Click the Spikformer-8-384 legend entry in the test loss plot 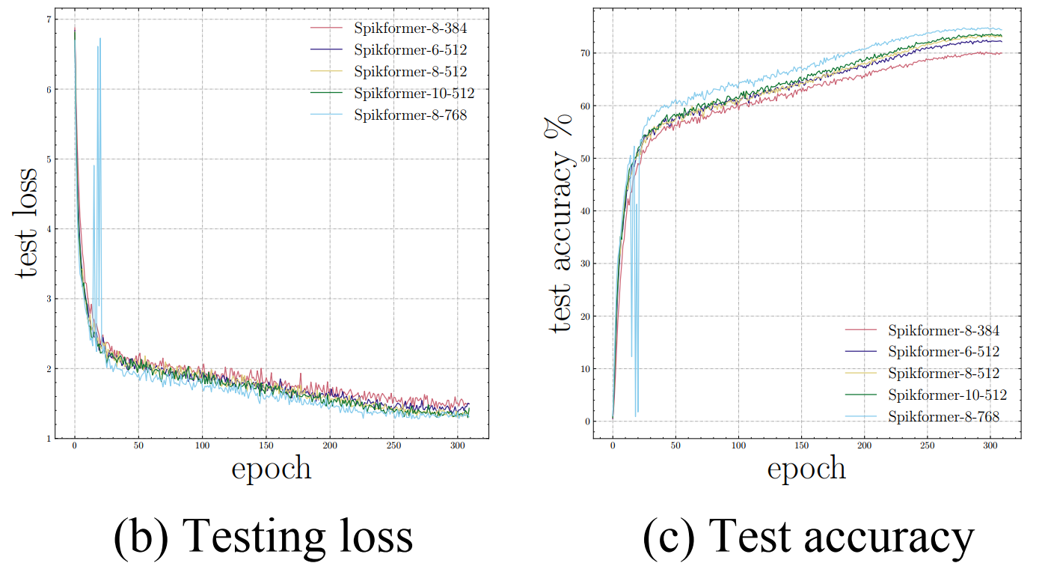(x=411, y=29)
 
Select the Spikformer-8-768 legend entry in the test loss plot (x=411, y=115)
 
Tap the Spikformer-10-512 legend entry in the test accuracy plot (x=947, y=395)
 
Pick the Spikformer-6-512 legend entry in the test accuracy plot (x=943, y=351)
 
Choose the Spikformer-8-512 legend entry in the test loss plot (x=411, y=72)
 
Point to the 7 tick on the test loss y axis (x=49, y=19)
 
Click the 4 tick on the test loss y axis (x=49, y=229)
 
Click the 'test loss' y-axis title (x=27, y=223)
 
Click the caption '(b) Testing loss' (x=263, y=535)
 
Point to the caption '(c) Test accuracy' (x=808, y=535)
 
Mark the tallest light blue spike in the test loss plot (x=100, y=39)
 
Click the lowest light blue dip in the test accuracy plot (x=636, y=416)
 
